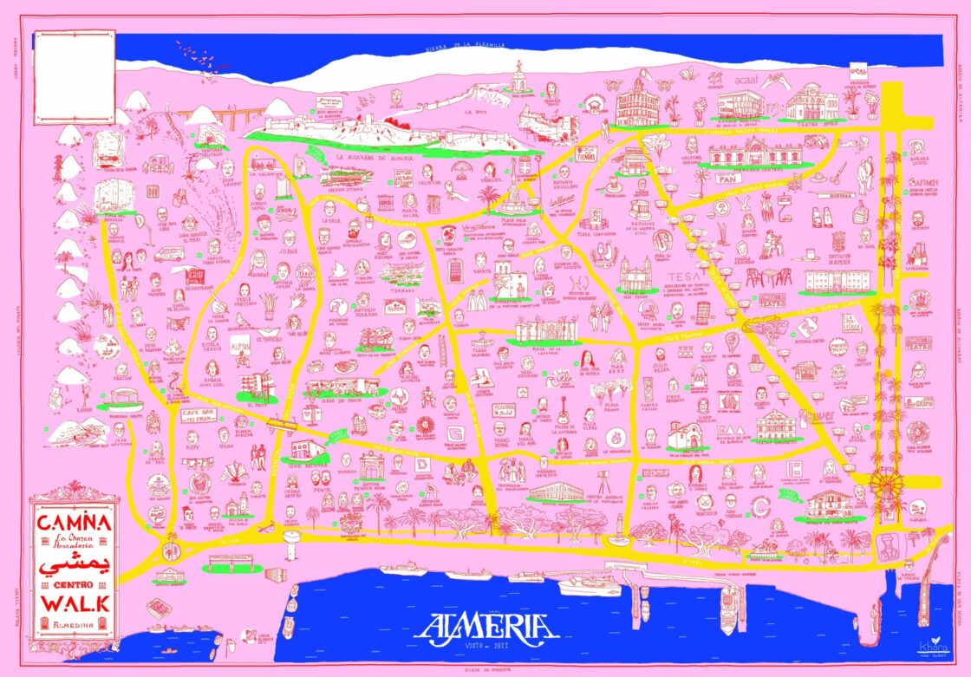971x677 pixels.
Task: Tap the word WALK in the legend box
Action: tap(73, 601)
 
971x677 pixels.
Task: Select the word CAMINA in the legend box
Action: tap(73, 523)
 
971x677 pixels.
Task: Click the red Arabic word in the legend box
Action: tap(73, 563)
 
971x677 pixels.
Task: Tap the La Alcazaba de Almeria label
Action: tap(374, 157)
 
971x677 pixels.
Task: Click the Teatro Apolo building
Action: tap(812, 103)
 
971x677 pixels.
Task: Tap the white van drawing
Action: tap(170, 253)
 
